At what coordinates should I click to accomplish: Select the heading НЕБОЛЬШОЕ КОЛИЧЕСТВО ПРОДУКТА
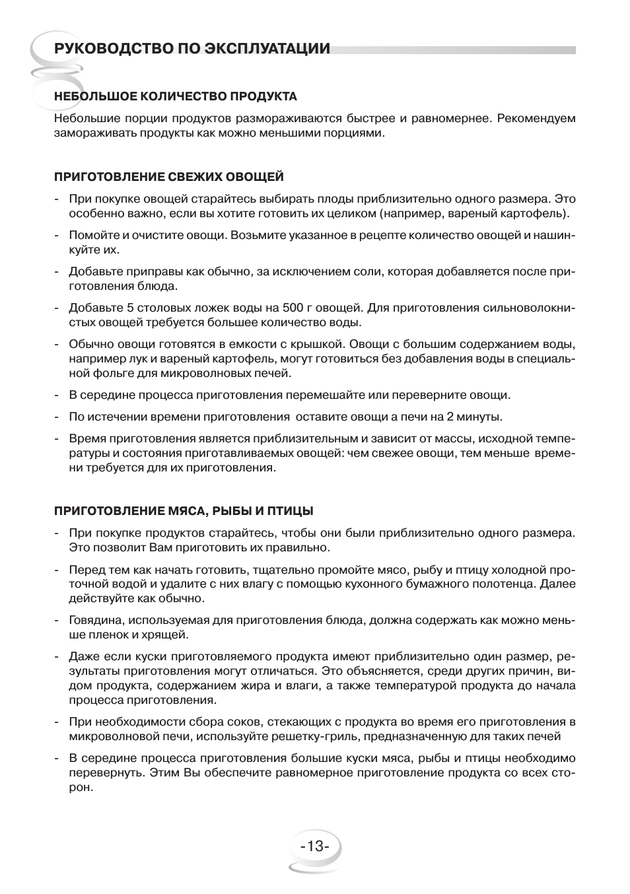tap(176, 96)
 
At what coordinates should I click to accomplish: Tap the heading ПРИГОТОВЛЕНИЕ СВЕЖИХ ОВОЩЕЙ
tap(169, 177)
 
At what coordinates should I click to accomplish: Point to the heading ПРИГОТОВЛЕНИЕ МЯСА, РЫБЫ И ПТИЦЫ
tap(184, 511)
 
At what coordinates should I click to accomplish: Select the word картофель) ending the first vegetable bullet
tap(535, 214)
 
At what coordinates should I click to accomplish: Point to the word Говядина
tap(96, 621)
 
